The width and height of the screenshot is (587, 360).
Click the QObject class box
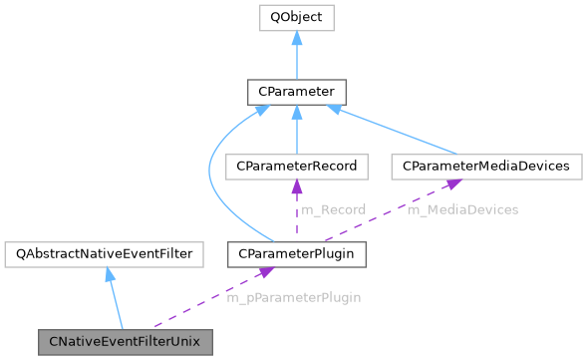click(x=296, y=18)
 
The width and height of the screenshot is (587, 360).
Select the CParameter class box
click(x=296, y=93)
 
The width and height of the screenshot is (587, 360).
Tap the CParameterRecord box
click(x=296, y=165)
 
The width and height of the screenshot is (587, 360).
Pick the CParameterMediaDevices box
click(x=486, y=165)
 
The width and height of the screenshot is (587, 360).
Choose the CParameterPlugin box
click(x=296, y=254)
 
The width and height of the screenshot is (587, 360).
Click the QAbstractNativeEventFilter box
click(x=104, y=254)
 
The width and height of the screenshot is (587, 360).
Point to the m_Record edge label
click(x=332, y=209)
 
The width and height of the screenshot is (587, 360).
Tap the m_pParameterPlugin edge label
click(x=293, y=297)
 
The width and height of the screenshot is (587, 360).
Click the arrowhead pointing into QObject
click(x=296, y=37)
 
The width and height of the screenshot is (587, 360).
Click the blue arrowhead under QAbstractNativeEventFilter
click(x=109, y=274)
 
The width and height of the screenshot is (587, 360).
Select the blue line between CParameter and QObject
click(x=296, y=60)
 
